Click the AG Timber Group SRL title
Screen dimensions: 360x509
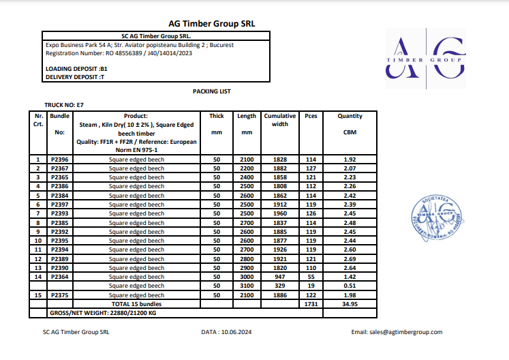tap(211, 23)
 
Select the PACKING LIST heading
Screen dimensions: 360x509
tap(212, 91)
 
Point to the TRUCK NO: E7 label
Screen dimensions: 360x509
tap(64, 105)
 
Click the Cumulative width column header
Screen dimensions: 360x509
tap(280, 120)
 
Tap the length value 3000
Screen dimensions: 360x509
tap(247, 277)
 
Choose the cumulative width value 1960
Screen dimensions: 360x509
tap(280, 213)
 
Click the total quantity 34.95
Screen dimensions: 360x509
tap(350, 303)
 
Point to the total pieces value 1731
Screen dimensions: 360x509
tap(311, 303)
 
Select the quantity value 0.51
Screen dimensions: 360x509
tap(350, 286)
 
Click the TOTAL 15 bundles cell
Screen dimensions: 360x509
tap(136, 303)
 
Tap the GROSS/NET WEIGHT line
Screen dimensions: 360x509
tap(104, 312)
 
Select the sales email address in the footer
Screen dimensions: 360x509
tap(397, 332)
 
